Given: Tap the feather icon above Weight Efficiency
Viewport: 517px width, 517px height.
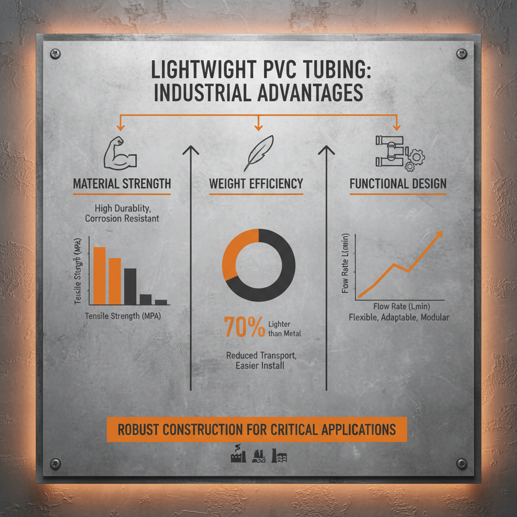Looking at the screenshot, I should tap(258, 152).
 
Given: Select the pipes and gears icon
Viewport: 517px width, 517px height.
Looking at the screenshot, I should tap(398, 153).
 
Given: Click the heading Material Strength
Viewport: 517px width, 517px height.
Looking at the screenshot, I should tap(122, 183).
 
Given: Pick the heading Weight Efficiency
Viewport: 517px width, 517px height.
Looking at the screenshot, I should tap(256, 183).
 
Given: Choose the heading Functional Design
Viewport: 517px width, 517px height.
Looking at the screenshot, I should tap(398, 183).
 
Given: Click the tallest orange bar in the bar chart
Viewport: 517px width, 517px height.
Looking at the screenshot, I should tap(99, 275).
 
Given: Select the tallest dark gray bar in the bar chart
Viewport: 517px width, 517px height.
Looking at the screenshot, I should tap(130, 286).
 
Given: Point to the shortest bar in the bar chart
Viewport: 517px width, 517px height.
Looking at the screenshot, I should tap(161, 302).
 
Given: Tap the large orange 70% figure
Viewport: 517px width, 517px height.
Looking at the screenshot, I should tap(244, 328).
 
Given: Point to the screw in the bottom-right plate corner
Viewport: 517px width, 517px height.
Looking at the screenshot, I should tap(460, 463).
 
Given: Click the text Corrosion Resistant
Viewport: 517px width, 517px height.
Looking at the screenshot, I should tap(122, 219).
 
